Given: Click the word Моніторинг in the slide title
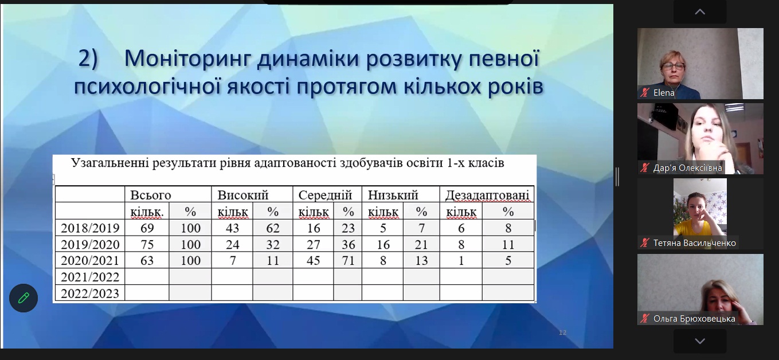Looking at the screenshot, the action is pyautogui.click(x=187, y=58).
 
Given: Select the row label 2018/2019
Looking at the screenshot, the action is pyautogui.click(x=90, y=228).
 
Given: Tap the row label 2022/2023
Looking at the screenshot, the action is pyautogui.click(x=90, y=294).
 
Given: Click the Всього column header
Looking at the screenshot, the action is pyautogui.click(x=151, y=195).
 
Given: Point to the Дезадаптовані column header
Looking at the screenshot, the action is pyautogui.click(x=487, y=195).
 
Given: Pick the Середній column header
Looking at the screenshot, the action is pyautogui.click(x=325, y=195).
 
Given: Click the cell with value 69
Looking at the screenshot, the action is pyautogui.click(x=147, y=228).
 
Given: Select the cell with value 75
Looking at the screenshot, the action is pyautogui.click(x=147, y=245).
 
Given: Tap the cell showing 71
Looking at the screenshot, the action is pyautogui.click(x=348, y=260).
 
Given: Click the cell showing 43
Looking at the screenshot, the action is pyautogui.click(x=232, y=228).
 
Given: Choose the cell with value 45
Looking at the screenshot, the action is pyautogui.click(x=314, y=260).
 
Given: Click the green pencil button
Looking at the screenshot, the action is pyautogui.click(x=24, y=298).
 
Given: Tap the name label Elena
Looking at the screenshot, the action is pyautogui.click(x=664, y=92).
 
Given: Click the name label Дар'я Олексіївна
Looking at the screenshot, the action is pyautogui.click(x=687, y=168).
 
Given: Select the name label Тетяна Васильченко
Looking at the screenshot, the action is pyautogui.click(x=695, y=243).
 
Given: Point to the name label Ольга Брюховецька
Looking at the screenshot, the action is pyautogui.click(x=694, y=319).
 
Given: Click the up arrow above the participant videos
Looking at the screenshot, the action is pyautogui.click(x=700, y=12).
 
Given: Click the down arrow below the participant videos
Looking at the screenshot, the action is pyautogui.click(x=700, y=341).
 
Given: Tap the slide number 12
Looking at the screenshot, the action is pyautogui.click(x=562, y=333).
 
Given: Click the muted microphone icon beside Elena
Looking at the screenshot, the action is pyautogui.click(x=645, y=92).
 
